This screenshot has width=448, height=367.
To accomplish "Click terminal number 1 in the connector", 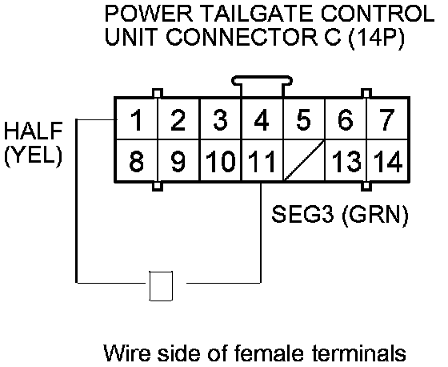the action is [137, 119].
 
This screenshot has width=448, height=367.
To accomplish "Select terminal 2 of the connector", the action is [178, 119].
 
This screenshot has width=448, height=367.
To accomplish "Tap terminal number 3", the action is [220, 119].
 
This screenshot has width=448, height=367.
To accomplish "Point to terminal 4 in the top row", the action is [262, 119].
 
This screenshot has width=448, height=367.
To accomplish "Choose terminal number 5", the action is [304, 119].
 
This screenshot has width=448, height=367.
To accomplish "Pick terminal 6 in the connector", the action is [346, 119].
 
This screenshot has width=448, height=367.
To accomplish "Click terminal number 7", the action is [387, 119].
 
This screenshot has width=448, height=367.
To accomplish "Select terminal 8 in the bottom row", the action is [137, 160].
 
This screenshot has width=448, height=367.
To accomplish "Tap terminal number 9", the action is [178, 160].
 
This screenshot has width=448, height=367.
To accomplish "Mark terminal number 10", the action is [220, 160].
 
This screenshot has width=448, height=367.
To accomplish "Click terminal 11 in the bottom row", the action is [262, 160].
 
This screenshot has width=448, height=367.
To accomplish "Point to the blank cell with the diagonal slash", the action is [304, 160].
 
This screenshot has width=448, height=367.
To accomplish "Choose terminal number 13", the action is [346, 160].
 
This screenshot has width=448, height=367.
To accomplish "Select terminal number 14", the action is [387, 160].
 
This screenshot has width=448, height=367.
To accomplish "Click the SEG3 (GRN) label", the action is [340, 215].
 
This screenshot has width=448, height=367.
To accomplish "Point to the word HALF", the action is [33, 131].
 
